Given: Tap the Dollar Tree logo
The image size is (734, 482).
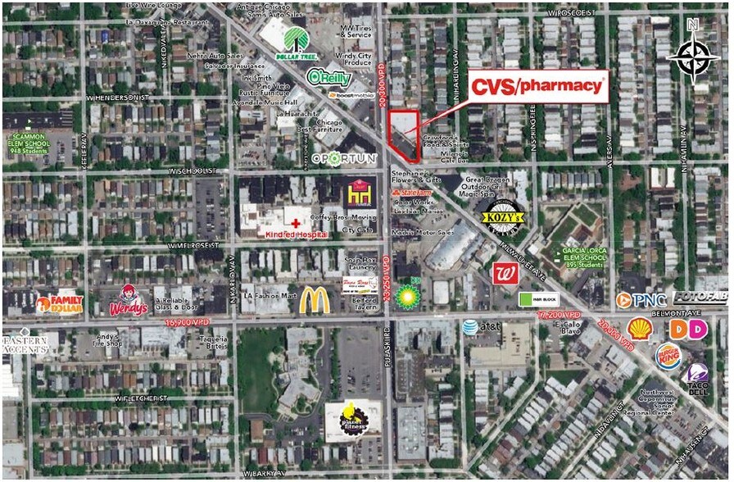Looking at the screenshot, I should pos(298,42).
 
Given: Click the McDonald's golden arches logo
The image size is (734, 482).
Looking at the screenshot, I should pos(314,300).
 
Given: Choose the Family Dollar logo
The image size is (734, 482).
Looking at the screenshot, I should pos(59,304).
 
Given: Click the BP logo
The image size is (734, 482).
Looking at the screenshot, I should pos(407,296).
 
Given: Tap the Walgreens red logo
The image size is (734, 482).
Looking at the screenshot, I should pos(503,273).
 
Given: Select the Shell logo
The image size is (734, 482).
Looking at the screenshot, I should pos(640,330).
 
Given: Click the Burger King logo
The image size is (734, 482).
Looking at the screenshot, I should pos(668,357).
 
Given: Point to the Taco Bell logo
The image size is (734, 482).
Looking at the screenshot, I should pos(697,378).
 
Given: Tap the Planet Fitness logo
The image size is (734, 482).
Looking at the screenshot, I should pos(353,419).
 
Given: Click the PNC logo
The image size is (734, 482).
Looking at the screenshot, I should pos(641,300).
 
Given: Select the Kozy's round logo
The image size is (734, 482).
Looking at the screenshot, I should pos(501,218).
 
